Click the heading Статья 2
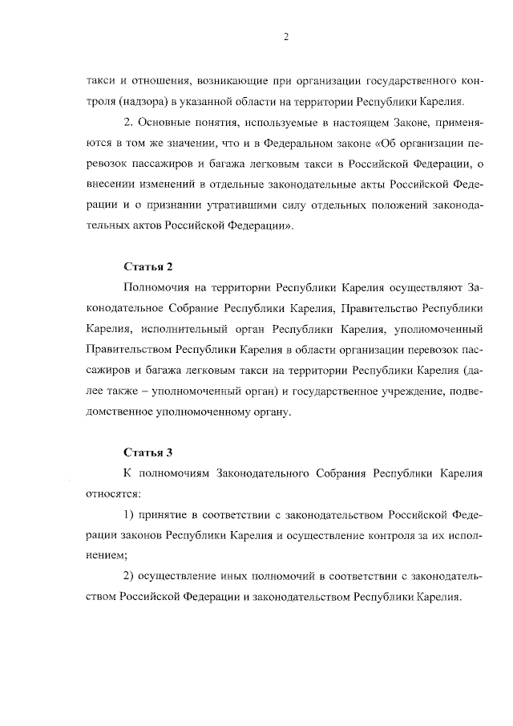(148, 266)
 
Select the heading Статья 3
(148, 452)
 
